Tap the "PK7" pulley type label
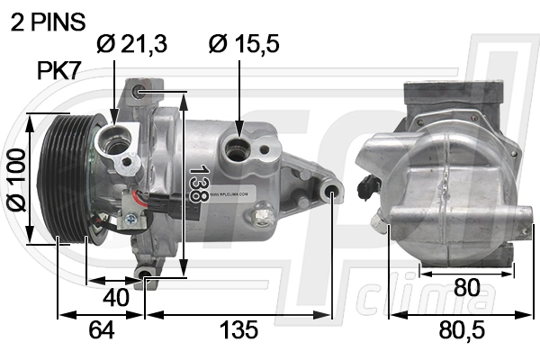60,71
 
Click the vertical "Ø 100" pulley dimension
15,179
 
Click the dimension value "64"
101,330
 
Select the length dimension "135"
239,330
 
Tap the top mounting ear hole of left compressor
139,92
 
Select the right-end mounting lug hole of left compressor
331,192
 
